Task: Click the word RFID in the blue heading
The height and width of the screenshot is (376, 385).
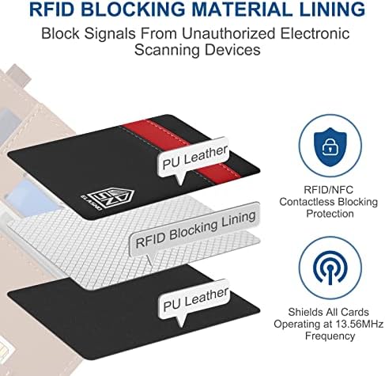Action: pos(51,9)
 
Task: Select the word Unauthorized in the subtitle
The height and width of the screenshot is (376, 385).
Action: pos(228,34)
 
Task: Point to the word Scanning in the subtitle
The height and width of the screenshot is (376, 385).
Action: pos(167,50)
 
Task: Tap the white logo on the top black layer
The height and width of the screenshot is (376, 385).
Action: pos(107,199)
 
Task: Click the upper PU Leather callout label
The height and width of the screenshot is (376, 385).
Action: pos(193,158)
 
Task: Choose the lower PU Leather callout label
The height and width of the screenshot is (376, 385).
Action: pos(194,300)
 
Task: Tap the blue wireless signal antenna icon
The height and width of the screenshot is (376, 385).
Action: pos(330,268)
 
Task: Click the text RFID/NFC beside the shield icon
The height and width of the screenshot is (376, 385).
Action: pos(328,190)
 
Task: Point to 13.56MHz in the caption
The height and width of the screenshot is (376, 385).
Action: pos(360,324)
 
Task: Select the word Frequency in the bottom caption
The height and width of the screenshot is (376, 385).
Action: pos(330,336)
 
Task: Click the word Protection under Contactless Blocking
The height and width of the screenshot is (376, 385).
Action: pos(330,214)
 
